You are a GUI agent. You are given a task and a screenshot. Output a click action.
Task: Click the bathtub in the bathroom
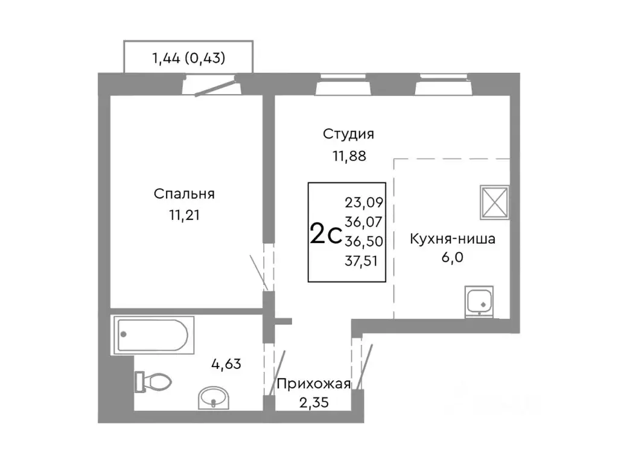point(153,336)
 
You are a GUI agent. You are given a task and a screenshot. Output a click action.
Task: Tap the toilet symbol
point(153,382)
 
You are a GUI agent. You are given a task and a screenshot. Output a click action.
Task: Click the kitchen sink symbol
point(480,301)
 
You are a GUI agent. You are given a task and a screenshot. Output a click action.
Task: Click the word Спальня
point(185,194)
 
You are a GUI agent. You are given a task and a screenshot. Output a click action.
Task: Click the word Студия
point(349,133)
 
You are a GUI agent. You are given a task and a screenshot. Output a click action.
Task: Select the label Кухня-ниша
point(453,239)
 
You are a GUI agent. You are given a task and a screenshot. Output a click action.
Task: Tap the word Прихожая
point(313,383)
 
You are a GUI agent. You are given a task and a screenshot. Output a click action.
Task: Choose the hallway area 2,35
point(313,403)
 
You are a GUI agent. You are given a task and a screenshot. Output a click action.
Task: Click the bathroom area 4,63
point(228,364)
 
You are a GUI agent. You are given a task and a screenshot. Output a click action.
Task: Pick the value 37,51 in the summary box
point(360,260)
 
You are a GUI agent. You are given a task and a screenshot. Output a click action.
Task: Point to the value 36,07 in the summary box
point(360,222)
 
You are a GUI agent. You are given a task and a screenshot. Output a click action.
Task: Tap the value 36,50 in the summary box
point(360,241)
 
